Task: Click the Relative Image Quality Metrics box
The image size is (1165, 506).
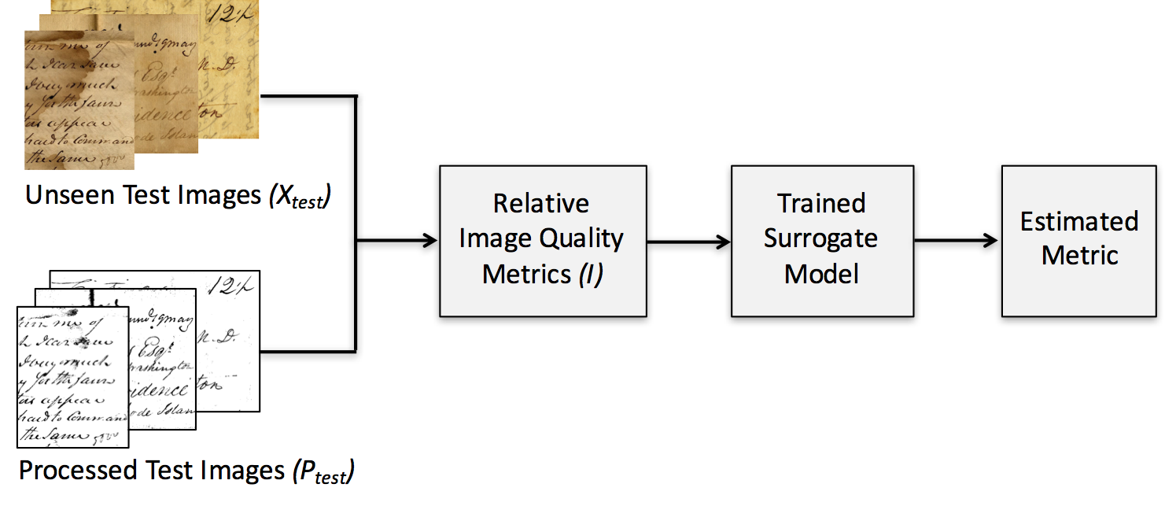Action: pos(542,240)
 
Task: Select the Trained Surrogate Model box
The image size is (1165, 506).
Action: pos(821,240)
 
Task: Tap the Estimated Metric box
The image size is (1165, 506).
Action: pos(1078,240)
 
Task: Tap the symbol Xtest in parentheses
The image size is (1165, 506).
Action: pos(300,197)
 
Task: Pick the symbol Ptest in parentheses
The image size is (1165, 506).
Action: pos(323,472)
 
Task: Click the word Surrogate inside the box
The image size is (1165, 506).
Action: pos(821,238)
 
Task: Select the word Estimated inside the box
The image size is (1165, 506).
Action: pos(1078,221)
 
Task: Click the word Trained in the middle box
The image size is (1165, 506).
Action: pos(821,203)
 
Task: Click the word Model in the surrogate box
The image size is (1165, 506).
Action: pos(821,273)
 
